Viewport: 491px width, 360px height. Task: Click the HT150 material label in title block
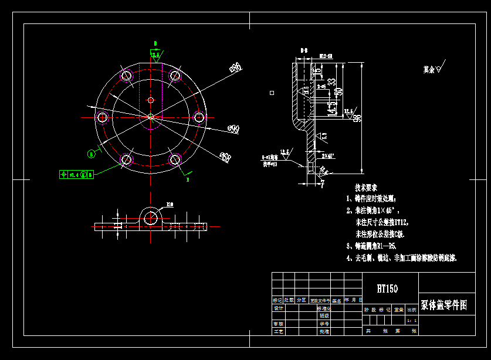point(387,288)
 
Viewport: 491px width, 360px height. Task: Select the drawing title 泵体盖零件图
point(443,305)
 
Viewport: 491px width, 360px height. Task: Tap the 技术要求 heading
point(368,188)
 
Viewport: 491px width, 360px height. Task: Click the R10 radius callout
point(170,205)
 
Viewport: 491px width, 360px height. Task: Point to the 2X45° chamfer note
point(329,157)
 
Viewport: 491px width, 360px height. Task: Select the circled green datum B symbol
point(91,154)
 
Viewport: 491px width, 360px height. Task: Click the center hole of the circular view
point(151,117)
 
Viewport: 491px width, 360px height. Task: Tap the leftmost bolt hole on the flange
point(102,117)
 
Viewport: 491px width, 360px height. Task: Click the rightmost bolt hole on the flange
point(199,117)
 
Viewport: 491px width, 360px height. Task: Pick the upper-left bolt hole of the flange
point(126,75)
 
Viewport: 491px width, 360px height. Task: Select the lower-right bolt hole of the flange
point(175,159)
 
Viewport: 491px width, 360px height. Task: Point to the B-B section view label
point(304,51)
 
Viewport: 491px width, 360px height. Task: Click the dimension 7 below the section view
point(322,184)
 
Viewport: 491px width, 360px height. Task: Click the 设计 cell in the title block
point(279,307)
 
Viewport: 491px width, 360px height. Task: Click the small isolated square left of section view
point(271,93)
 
